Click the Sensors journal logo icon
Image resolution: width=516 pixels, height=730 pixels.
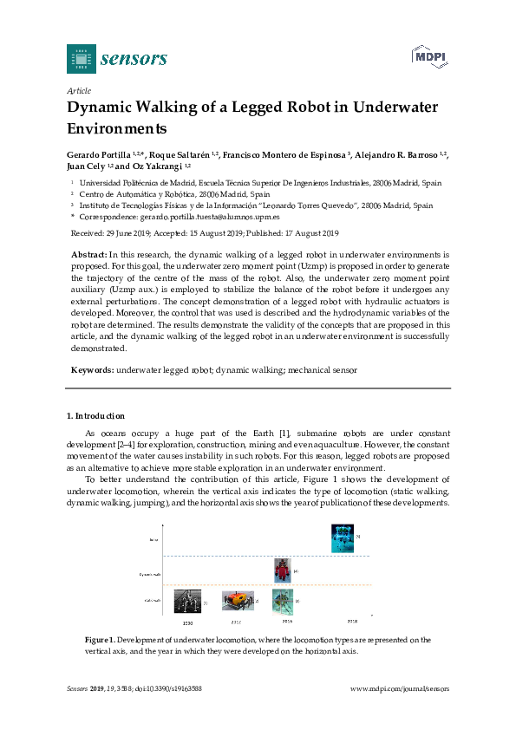coord(81,59)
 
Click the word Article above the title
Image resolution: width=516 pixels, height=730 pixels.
coord(79,90)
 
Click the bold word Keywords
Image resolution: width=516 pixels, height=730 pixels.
coord(92,370)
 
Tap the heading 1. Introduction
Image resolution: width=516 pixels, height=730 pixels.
coord(95,416)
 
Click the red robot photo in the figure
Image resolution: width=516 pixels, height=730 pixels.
coord(281,570)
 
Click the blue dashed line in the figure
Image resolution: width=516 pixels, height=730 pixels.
coord(260,556)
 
